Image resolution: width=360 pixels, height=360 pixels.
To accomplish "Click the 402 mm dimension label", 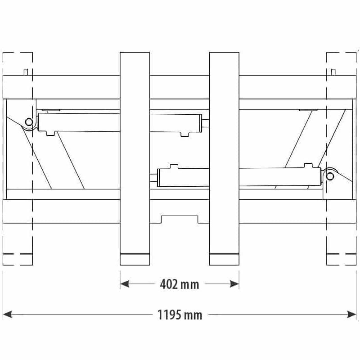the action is click(x=180, y=284).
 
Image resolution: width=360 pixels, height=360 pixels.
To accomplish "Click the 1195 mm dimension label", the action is click(x=180, y=315).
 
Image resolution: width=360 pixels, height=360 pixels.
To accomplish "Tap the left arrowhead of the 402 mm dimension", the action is click(x=125, y=284).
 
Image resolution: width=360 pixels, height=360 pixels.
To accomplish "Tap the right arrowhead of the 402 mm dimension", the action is click(x=234, y=284).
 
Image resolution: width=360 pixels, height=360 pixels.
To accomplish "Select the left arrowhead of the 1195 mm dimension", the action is click(x=7, y=314).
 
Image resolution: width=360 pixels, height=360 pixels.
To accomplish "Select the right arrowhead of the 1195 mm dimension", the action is click(x=352, y=314).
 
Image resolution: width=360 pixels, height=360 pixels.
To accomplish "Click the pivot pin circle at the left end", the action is click(x=29, y=121).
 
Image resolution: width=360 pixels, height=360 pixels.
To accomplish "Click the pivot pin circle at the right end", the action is click(x=330, y=176).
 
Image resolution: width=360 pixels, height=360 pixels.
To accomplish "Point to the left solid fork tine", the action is click(x=135, y=159).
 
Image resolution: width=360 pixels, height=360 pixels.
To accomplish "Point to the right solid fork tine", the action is click(x=224, y=159).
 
